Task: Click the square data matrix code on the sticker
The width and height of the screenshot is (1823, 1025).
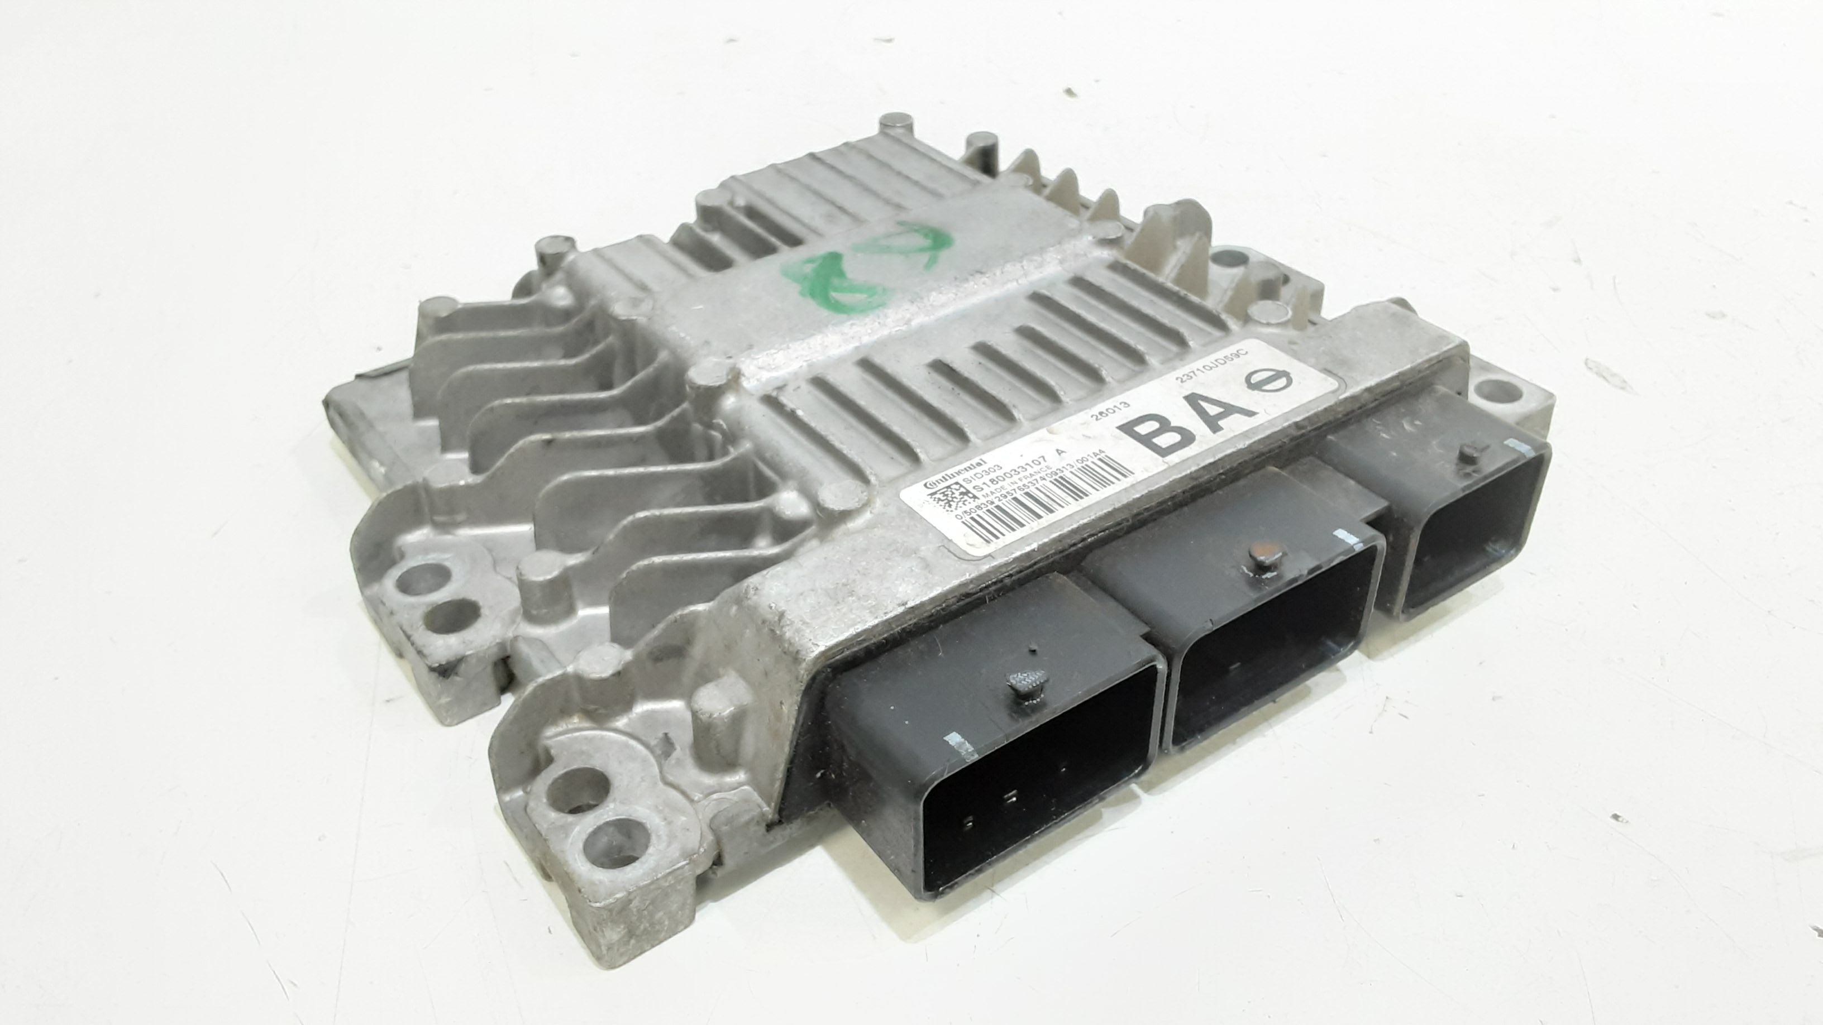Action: (x=938, y=504)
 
